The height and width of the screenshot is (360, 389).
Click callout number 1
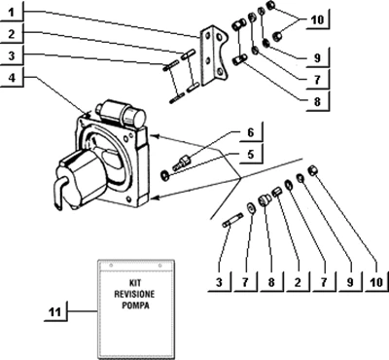pyautogui.click(x=12, y=13)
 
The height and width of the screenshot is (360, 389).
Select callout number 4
pyautogui.click(x=12, y=78)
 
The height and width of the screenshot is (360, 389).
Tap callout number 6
pyautogui.click(x=251, y=132)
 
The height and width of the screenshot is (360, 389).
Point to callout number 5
pyautogui.click(x=251, y=155)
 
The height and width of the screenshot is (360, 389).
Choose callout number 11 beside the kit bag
pyautogui.click(x=55, y=312)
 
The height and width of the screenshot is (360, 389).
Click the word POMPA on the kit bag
pyautogui.click(x=135, y=306)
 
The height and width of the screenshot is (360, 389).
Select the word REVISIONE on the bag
pyautogui.click(x=134, y=294)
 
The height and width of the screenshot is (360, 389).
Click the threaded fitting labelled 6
pyautogui.click(x=182, y=162)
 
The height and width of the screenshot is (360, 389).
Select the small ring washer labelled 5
pyautogui.click(x=164, y=175)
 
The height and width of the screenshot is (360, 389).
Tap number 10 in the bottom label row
pyautogui.click(x=376, y=282)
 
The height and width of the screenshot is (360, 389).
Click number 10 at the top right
pyautogui.click(x=317, y=19)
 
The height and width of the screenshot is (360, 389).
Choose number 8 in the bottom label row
pyautogui.click(x=271, y=282)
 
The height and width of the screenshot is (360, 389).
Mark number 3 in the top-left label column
pyautogui.click(x=12, y=55)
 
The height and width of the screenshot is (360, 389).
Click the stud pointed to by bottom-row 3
pyautogui.click(x=232, y=220)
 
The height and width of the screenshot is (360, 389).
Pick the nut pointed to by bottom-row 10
pyautogui.click(x=312, y=169)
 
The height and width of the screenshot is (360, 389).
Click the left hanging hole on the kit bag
pyautogui.click(x=111, y=266)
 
